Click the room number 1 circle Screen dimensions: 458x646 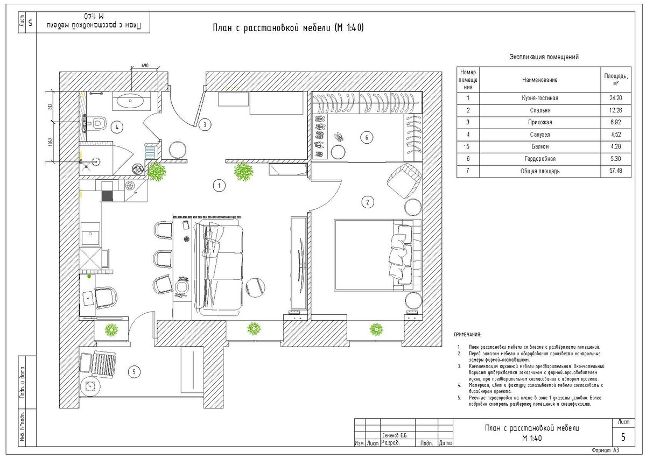pyautogui.click(x=219, y=186)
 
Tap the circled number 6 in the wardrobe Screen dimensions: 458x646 pyautogui.click(x=367, y=138)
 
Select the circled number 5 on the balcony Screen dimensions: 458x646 pyautogui.click(x=135, y=371)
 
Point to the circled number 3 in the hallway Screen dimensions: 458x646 pyautogui.click(x=204, y=125)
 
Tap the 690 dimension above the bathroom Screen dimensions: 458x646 pyautogui.click(x=145, y=66)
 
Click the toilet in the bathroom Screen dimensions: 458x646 pyautogui.click(x=97, y=124)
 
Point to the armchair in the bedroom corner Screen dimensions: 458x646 pyautogui.click(x=405, y=180)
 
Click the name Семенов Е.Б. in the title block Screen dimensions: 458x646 pyautogui.click(x=395, y=435)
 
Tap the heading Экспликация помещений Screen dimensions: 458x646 pyautogui.click(x=544, y=57)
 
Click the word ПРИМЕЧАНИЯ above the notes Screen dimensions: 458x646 pyautogui.click(x=467, y=335)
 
